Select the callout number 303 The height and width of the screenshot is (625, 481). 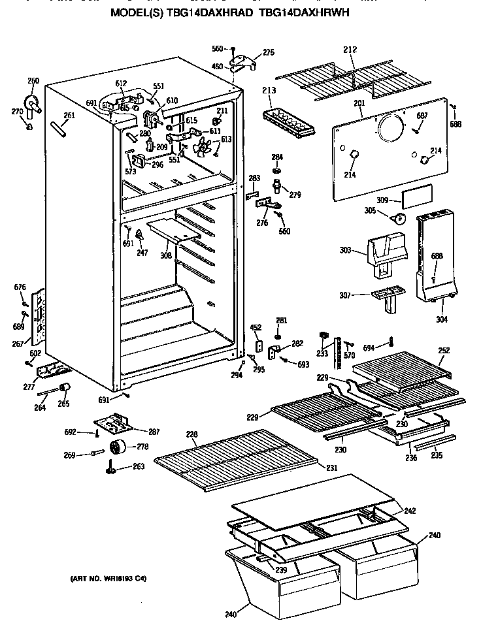tap(346, 250)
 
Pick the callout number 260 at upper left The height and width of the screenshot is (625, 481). tap(33, 81)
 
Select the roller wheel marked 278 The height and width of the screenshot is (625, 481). tap(118, 448)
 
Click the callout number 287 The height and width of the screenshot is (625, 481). tap(154, 432)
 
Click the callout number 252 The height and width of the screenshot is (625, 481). tap(444, 350)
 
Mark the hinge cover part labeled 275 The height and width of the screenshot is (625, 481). tap(246, 62)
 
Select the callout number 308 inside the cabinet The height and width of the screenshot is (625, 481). tap(166, 255)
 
